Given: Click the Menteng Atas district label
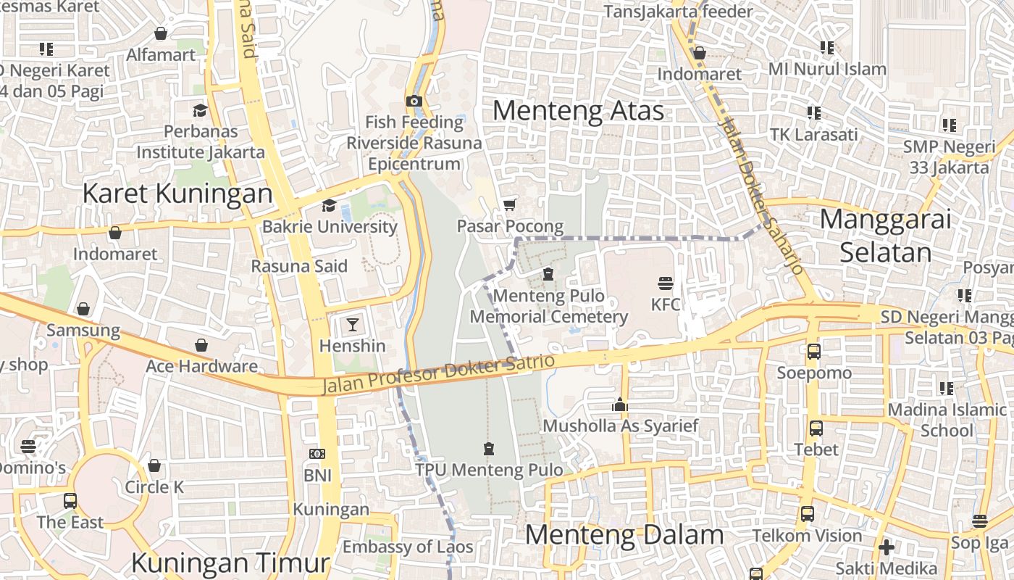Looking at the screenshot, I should [578, 111].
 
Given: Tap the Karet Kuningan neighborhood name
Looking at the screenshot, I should [177, 194].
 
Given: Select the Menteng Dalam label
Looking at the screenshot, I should [624, 535].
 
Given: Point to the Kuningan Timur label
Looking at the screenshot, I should [230, 563].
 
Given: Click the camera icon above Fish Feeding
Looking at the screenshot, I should [414, 101].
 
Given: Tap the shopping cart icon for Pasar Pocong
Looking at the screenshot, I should [510, 204].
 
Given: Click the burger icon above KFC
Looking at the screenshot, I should [666, 282].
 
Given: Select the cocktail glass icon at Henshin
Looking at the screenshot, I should [352, 324].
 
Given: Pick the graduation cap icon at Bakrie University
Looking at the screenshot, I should [329, 205].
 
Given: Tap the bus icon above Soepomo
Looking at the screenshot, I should [814, 352].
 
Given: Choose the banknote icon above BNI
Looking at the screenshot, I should [317, 454].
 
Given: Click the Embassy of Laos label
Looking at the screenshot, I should [408, 547].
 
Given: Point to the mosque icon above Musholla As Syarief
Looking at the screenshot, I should [619, 405].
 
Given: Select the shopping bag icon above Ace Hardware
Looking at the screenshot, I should [201, 345].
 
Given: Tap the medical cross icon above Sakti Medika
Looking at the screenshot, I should [886, 547].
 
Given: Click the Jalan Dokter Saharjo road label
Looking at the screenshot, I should [760, 196].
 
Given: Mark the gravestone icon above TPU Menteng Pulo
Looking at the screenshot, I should [489, 449].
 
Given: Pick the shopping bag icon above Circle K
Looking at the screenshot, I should [154, 465].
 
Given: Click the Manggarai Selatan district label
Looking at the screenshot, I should [886, 236].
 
